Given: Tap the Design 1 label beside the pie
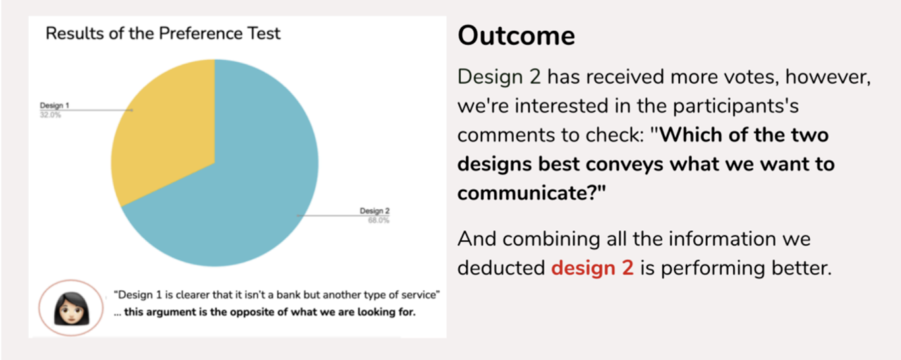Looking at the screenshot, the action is [x=54, y=105].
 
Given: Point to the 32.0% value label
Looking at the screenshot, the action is [x=50, y=115].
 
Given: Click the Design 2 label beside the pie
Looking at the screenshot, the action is [x=375, y=211].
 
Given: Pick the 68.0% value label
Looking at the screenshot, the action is [x=379, y=220].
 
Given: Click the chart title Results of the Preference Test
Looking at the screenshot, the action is [x=163, y=34].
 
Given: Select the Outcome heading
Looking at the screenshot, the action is [x=516, y=36].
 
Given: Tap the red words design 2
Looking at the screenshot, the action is [x=592, y=268].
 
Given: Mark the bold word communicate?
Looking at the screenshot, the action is [x=532, y=193].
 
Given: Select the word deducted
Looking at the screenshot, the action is [x=501, y=268].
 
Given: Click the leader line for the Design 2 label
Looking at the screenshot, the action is [x=343, y=216].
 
